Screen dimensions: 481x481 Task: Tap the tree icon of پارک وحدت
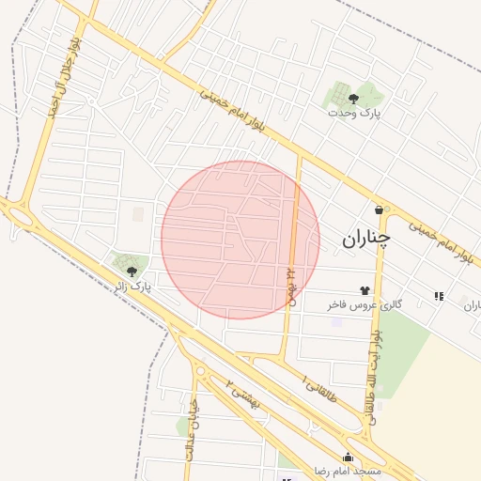click(x=353, y=97)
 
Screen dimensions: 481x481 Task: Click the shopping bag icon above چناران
click(x=379, y=209)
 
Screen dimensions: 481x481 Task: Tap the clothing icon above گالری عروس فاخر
click(x=365, y=290)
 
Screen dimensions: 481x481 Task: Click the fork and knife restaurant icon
click(x=439, y=296)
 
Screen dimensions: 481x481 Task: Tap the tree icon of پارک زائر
click(x=130, y=270)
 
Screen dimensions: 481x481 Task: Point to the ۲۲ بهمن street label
click(x=290, y=282)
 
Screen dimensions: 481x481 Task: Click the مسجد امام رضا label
click(x=349, y=470)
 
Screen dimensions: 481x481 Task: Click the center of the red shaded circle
click(x=240, y=240)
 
